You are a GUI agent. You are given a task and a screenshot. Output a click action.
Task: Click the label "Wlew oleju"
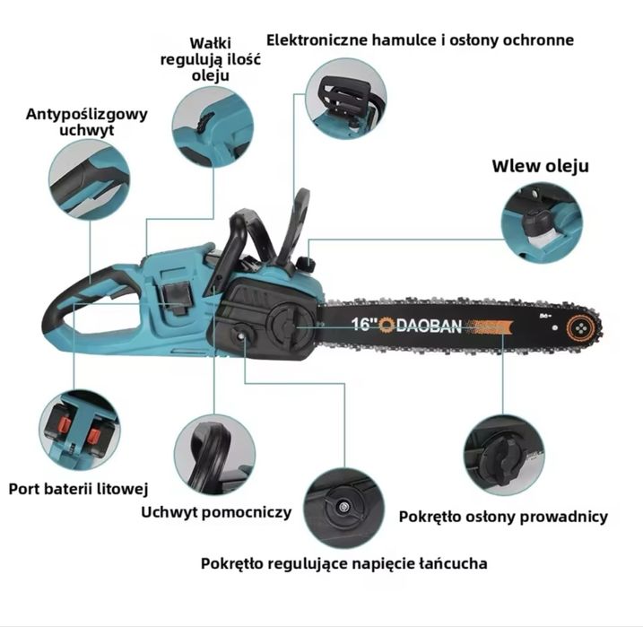point(540,166)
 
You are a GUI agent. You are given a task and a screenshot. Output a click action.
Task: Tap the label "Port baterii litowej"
point(78,489)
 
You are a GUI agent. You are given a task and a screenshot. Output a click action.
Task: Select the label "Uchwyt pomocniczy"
point(216,512)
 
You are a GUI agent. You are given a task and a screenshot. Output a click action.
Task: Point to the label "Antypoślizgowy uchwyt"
point(86,122)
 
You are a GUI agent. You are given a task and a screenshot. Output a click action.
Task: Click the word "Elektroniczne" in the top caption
point(317,39)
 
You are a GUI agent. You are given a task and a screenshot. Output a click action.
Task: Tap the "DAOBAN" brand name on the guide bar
point(430,326)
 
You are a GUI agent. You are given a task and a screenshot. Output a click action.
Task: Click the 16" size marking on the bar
point(364,324)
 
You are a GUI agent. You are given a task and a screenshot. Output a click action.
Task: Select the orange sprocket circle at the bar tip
point(581,328)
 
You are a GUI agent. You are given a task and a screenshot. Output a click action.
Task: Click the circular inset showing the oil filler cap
point(543,223)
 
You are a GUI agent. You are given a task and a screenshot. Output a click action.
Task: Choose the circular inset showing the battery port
point(80,431)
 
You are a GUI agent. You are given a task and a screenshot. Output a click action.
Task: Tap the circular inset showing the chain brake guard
point(345,99)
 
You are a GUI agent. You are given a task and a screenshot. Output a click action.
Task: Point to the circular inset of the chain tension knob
point(344,509)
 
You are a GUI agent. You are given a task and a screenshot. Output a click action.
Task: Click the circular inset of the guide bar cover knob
point(504,455)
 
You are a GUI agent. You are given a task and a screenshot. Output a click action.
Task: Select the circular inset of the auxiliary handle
point(214,455)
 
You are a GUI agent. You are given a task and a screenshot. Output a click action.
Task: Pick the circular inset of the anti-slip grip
point(90,179)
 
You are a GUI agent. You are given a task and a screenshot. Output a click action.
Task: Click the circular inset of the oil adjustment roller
point(213,126)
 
